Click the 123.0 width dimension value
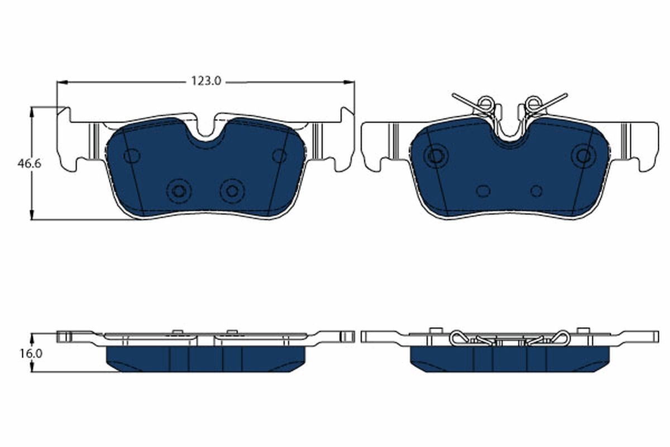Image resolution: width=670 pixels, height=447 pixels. (207, 82)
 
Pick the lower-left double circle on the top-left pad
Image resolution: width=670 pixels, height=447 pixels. (179, 191)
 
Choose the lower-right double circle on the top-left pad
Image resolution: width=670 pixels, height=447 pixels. (232, 191)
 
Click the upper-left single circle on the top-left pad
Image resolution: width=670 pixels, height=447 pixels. (131, 156)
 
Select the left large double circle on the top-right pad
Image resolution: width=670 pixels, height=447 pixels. (435, 156)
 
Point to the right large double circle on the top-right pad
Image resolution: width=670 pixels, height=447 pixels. (583, 156)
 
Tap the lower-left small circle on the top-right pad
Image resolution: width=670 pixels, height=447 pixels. (483, 191)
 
